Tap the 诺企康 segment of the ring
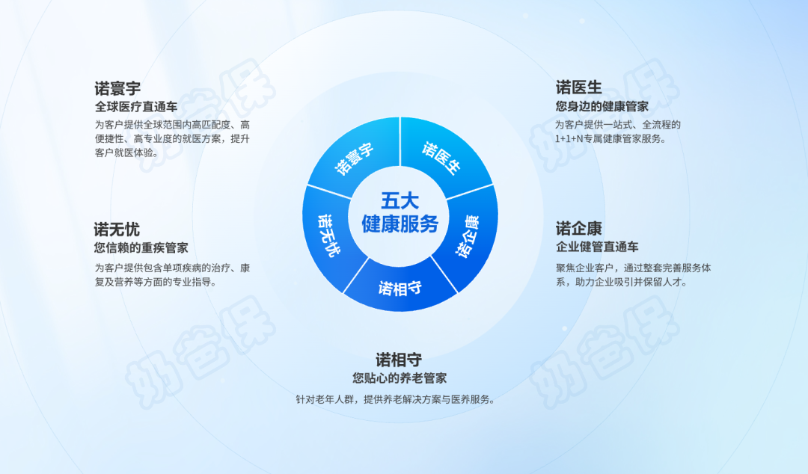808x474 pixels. tap(468, 236)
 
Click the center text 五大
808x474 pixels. tap(400, 201)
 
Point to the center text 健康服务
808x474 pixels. tap(400, 224)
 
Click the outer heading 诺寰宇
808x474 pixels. tap(117, 88)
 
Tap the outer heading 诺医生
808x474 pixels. tap(578, 87)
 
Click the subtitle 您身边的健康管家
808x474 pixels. tap(602, 106)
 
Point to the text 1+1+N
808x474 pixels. tap(570, 138)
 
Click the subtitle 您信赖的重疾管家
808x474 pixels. tap(141, 248)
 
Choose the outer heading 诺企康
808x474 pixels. tap(578, 228)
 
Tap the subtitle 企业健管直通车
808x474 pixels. tap(597, 247)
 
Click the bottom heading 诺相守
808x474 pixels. tap(399, 360)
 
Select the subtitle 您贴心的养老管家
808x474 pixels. tap(400, 378)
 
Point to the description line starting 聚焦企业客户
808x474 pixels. tap(633, 268)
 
